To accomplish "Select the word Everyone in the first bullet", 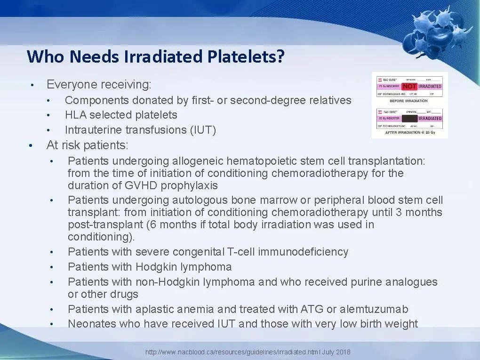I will (69, 85).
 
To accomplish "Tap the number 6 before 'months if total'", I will (150, 224).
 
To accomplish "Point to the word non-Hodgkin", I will (165, 282).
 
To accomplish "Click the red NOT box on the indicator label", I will (409, 87).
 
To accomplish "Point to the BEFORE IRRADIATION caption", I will (408, 101).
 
